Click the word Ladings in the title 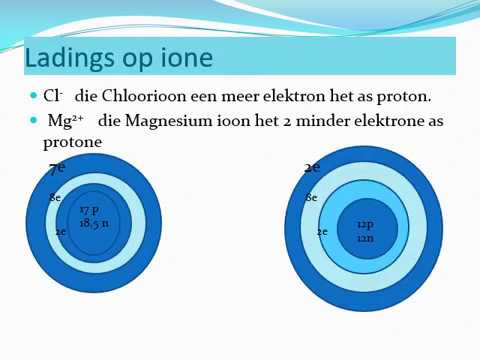[62, 58]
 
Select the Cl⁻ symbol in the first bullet [52, 97]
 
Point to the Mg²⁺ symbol [64, 121]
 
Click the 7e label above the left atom [57, 168]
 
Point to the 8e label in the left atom [55, 199]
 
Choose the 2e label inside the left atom [60, 231]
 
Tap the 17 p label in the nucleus [89, 210]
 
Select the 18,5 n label [94, 223]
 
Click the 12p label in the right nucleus [365, 225]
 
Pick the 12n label [365, 238]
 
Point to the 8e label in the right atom [311, 199]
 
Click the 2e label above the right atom [312, 168]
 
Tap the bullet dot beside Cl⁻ [32, 96]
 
